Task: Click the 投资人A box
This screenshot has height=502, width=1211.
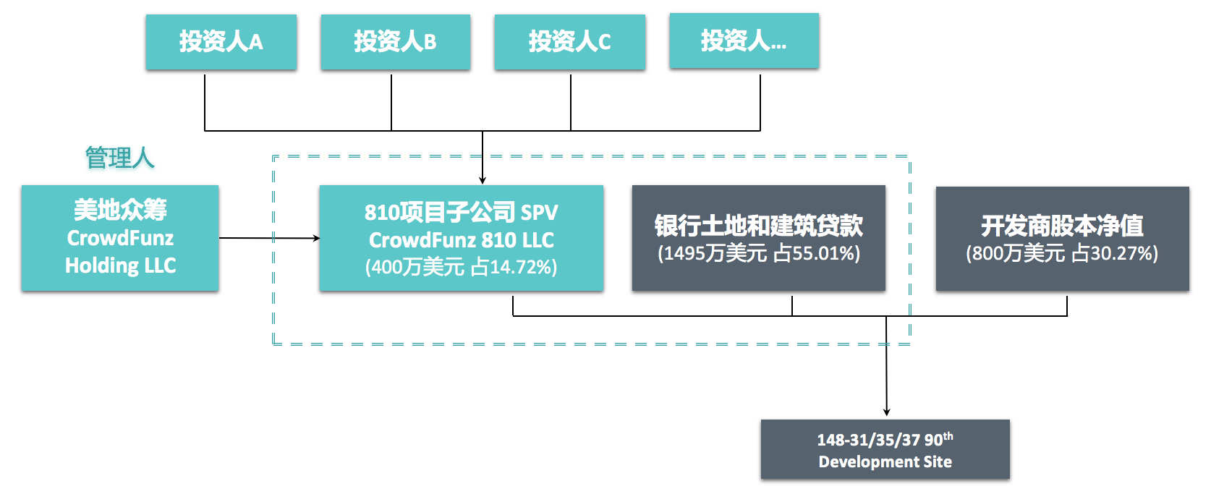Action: coord(221,42)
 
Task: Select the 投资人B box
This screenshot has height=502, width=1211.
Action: coord(395,42)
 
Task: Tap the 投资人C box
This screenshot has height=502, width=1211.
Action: coord(569,42)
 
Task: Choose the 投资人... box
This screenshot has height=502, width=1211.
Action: coord(744,41)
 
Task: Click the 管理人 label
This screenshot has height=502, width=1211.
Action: coord(120,158)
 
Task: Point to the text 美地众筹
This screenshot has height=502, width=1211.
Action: coord(120,210)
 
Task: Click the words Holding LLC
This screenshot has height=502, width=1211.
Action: coord(120,265)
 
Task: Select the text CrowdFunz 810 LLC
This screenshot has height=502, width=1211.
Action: coord(461,240)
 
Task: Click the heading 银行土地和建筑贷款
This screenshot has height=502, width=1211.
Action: coord(758,226)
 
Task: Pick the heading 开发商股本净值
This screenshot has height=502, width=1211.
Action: coord(1062,226)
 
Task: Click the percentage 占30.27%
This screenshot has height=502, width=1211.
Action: coord(1113,254)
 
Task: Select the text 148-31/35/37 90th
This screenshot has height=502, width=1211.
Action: coord(885,439)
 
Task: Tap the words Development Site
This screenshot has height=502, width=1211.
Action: coord(885,461)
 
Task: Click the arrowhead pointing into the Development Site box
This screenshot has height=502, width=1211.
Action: coord(886,412)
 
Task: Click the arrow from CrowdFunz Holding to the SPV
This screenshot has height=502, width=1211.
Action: coord(268,238)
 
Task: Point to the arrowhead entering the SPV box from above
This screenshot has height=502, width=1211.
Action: coord(483,180)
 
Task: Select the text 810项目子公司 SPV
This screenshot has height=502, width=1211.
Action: coord(461,213)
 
